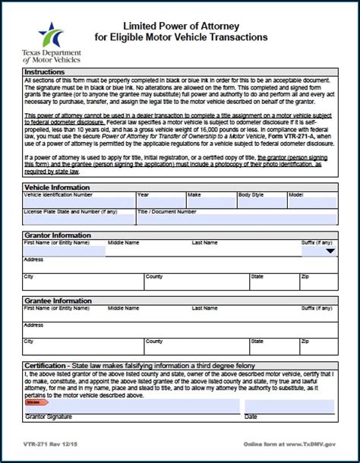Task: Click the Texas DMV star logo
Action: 52,34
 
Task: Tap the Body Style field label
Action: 251,194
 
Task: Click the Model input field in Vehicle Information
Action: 311,203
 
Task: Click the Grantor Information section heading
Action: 58,235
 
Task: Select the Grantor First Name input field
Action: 64,250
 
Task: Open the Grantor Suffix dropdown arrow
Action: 330,251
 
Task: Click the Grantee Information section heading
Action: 58,301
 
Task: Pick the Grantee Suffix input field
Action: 317,316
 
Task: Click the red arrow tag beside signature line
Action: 37,403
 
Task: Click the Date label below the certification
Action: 251,417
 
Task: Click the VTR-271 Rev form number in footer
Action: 50,443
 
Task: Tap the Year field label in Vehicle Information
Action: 143,194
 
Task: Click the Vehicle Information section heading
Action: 57,187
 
